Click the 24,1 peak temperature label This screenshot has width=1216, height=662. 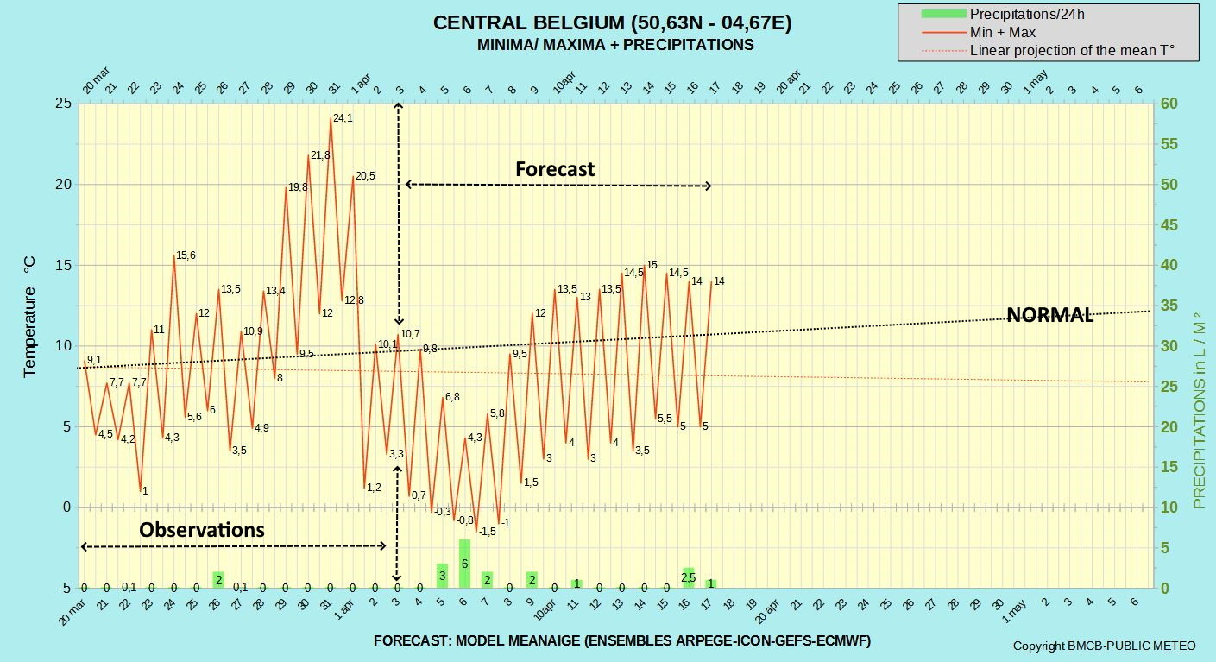pos(343,118)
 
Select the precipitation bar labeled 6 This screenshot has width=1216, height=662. pos(464,563)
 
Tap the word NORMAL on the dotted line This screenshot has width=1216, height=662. pos(1050,315)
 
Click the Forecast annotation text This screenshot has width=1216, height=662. pos(555,169)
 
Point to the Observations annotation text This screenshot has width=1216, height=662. pos(202,529)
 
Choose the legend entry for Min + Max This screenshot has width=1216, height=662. pos(1002,32)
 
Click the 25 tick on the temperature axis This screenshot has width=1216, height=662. pos(63,104)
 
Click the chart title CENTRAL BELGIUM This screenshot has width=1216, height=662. pos(612,23)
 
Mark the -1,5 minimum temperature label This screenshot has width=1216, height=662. pos(487,532)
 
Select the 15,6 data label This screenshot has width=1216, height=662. pos(186,255)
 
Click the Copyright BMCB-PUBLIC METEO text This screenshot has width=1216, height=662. pos(1104,646)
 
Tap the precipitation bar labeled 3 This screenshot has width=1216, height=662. pos(442,575)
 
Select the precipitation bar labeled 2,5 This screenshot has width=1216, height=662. pos(689,577)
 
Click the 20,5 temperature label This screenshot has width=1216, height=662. pos(365,176)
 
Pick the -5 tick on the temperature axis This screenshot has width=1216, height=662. pos(64,588)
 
